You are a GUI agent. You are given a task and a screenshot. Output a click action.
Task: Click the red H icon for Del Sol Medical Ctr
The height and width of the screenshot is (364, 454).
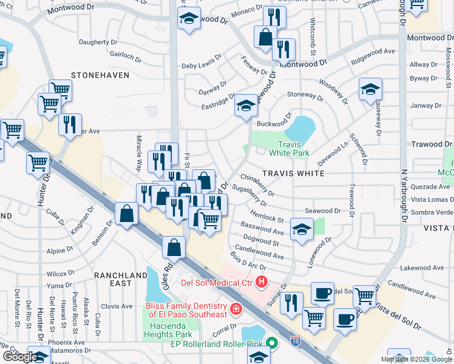pyautogui.click(x=262, y=281)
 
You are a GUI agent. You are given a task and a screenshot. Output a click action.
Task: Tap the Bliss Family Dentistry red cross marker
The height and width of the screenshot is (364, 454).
pyautogui.click(x=235, y=311)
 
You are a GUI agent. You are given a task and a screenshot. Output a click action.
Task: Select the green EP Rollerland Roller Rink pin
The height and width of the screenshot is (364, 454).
pyautogui.click(x=272, y=344)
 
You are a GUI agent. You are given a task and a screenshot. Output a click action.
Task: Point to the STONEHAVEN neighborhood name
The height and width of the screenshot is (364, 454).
pyautogui.click(x=100, y=75)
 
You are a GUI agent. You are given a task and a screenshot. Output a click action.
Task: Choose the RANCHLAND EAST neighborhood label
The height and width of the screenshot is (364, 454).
pyautogui.click(x=121, y=279)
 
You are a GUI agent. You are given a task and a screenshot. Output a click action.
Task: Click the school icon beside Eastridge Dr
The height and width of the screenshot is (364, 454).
pyautogui.click(x=246, y=106)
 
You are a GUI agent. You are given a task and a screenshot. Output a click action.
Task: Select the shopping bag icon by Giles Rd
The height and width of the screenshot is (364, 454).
pyautogui.click(x=174, y=247)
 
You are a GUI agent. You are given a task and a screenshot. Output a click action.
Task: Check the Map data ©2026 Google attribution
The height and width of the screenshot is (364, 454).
pyautogui.click(x=416, y=359)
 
